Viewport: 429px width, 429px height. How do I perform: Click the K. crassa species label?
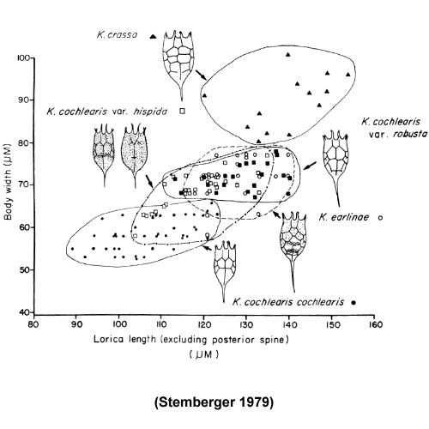pyautogui.click(x=117, y=35)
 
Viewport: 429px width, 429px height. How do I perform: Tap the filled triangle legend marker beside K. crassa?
pyautogui.click(x=154, y=36)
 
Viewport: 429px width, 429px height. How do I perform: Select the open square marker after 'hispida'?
pyautogui.click(x=182, y=111)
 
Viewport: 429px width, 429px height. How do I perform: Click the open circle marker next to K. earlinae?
pyautogui.click(x=380, y=218)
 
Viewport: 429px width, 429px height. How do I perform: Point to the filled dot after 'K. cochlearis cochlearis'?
pyautogui.click(x=353, y=303)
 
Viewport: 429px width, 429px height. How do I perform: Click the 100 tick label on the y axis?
pyautogui.click(x=23, y=58)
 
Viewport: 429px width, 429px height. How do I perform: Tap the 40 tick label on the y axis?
pyautogui.click(x=26, y=312)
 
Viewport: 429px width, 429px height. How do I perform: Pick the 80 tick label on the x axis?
pyautogui.click(x=33, y=324)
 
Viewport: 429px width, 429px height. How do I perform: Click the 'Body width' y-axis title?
pyautogui.click(x=8, y=181)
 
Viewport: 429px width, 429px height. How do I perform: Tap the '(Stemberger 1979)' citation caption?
pyautogui.click(x=214, y=402)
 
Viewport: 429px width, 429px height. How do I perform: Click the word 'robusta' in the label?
pyautogui.click(x=410, y=134)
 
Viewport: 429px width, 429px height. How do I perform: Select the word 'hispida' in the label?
pyautogui.click(x=150, y=112)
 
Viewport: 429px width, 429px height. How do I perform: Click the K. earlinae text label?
pyautogui.click(x=344, y=217)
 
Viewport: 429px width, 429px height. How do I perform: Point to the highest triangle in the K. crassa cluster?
pyautogui.click(x=288, y=54)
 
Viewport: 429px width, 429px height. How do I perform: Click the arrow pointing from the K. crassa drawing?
pyautogui.click(x=201, y=75)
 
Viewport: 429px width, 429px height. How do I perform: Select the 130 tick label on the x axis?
pyautogui.click(x=246, y=324)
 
